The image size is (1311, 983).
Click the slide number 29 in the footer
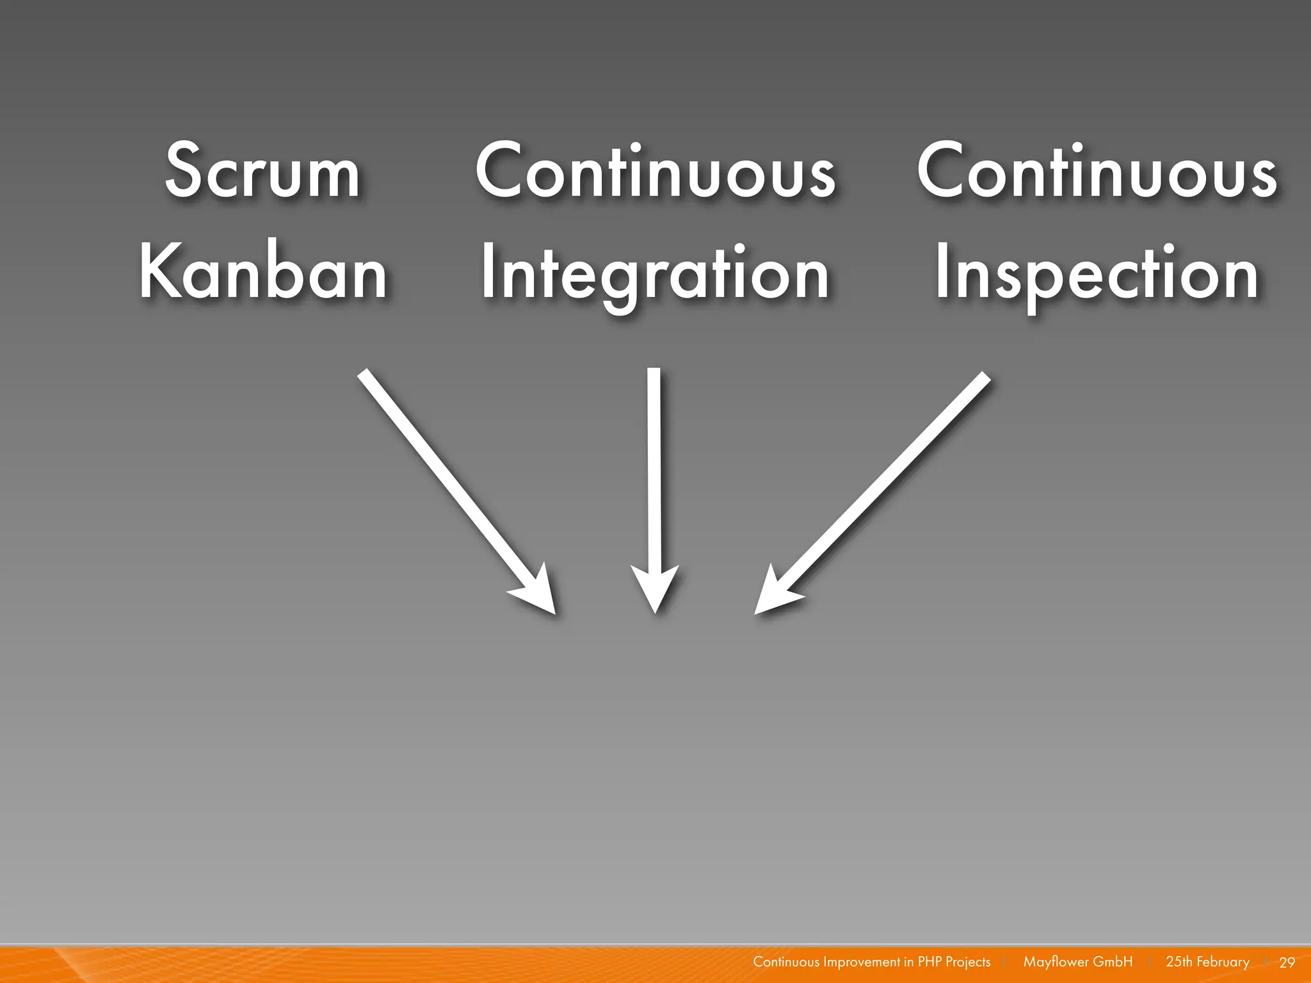[1287, 963]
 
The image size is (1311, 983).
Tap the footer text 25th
[1178, 962]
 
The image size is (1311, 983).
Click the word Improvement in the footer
[862, 962]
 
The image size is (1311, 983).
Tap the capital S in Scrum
[183, 170]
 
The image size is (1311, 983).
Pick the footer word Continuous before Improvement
[785, 962]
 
